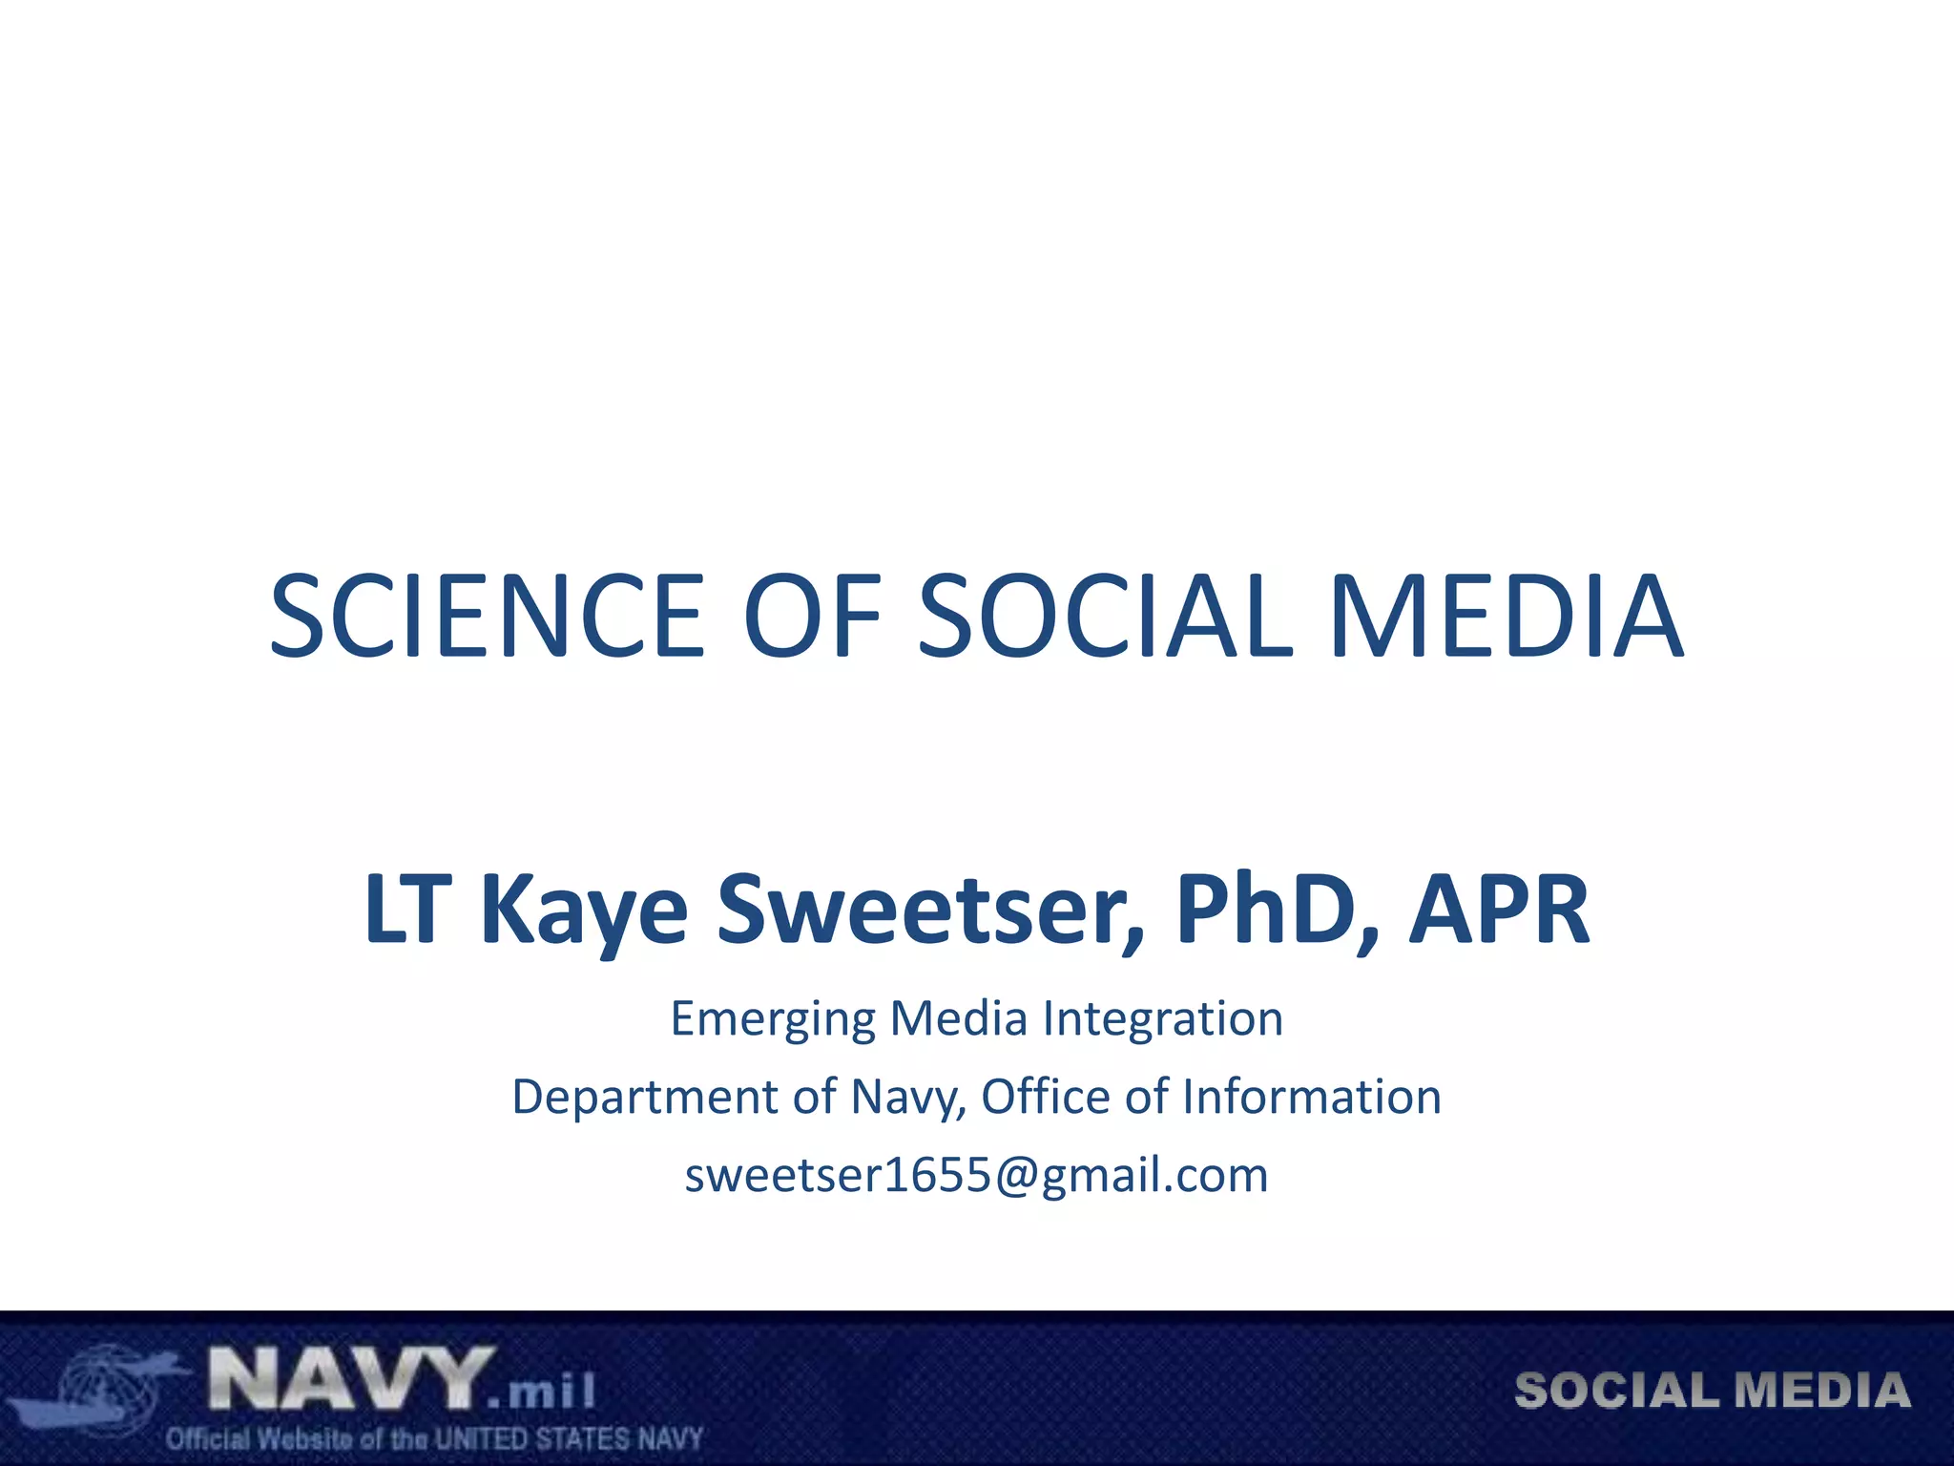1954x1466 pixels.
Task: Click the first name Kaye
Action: point(583,911)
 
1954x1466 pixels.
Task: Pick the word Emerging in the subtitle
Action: point(772,1019)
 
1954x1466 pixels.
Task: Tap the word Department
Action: point(644,1098)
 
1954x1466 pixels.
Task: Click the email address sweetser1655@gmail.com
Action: point(976,1175)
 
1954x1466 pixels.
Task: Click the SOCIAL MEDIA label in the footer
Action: point(1712,1391)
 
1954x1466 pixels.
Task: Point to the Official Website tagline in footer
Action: point(434,1438)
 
